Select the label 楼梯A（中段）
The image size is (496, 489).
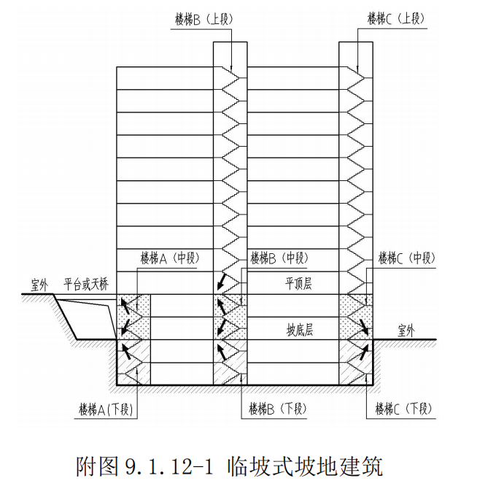coord(169,258)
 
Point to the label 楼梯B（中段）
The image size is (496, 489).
coord(279,258)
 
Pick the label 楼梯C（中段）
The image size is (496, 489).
coord(406,258)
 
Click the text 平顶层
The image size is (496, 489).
coord(298,283)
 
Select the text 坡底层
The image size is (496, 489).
coord(299,330)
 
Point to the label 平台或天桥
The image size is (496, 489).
coord(86,282)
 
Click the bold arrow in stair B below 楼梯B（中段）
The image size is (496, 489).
coord(220,284)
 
